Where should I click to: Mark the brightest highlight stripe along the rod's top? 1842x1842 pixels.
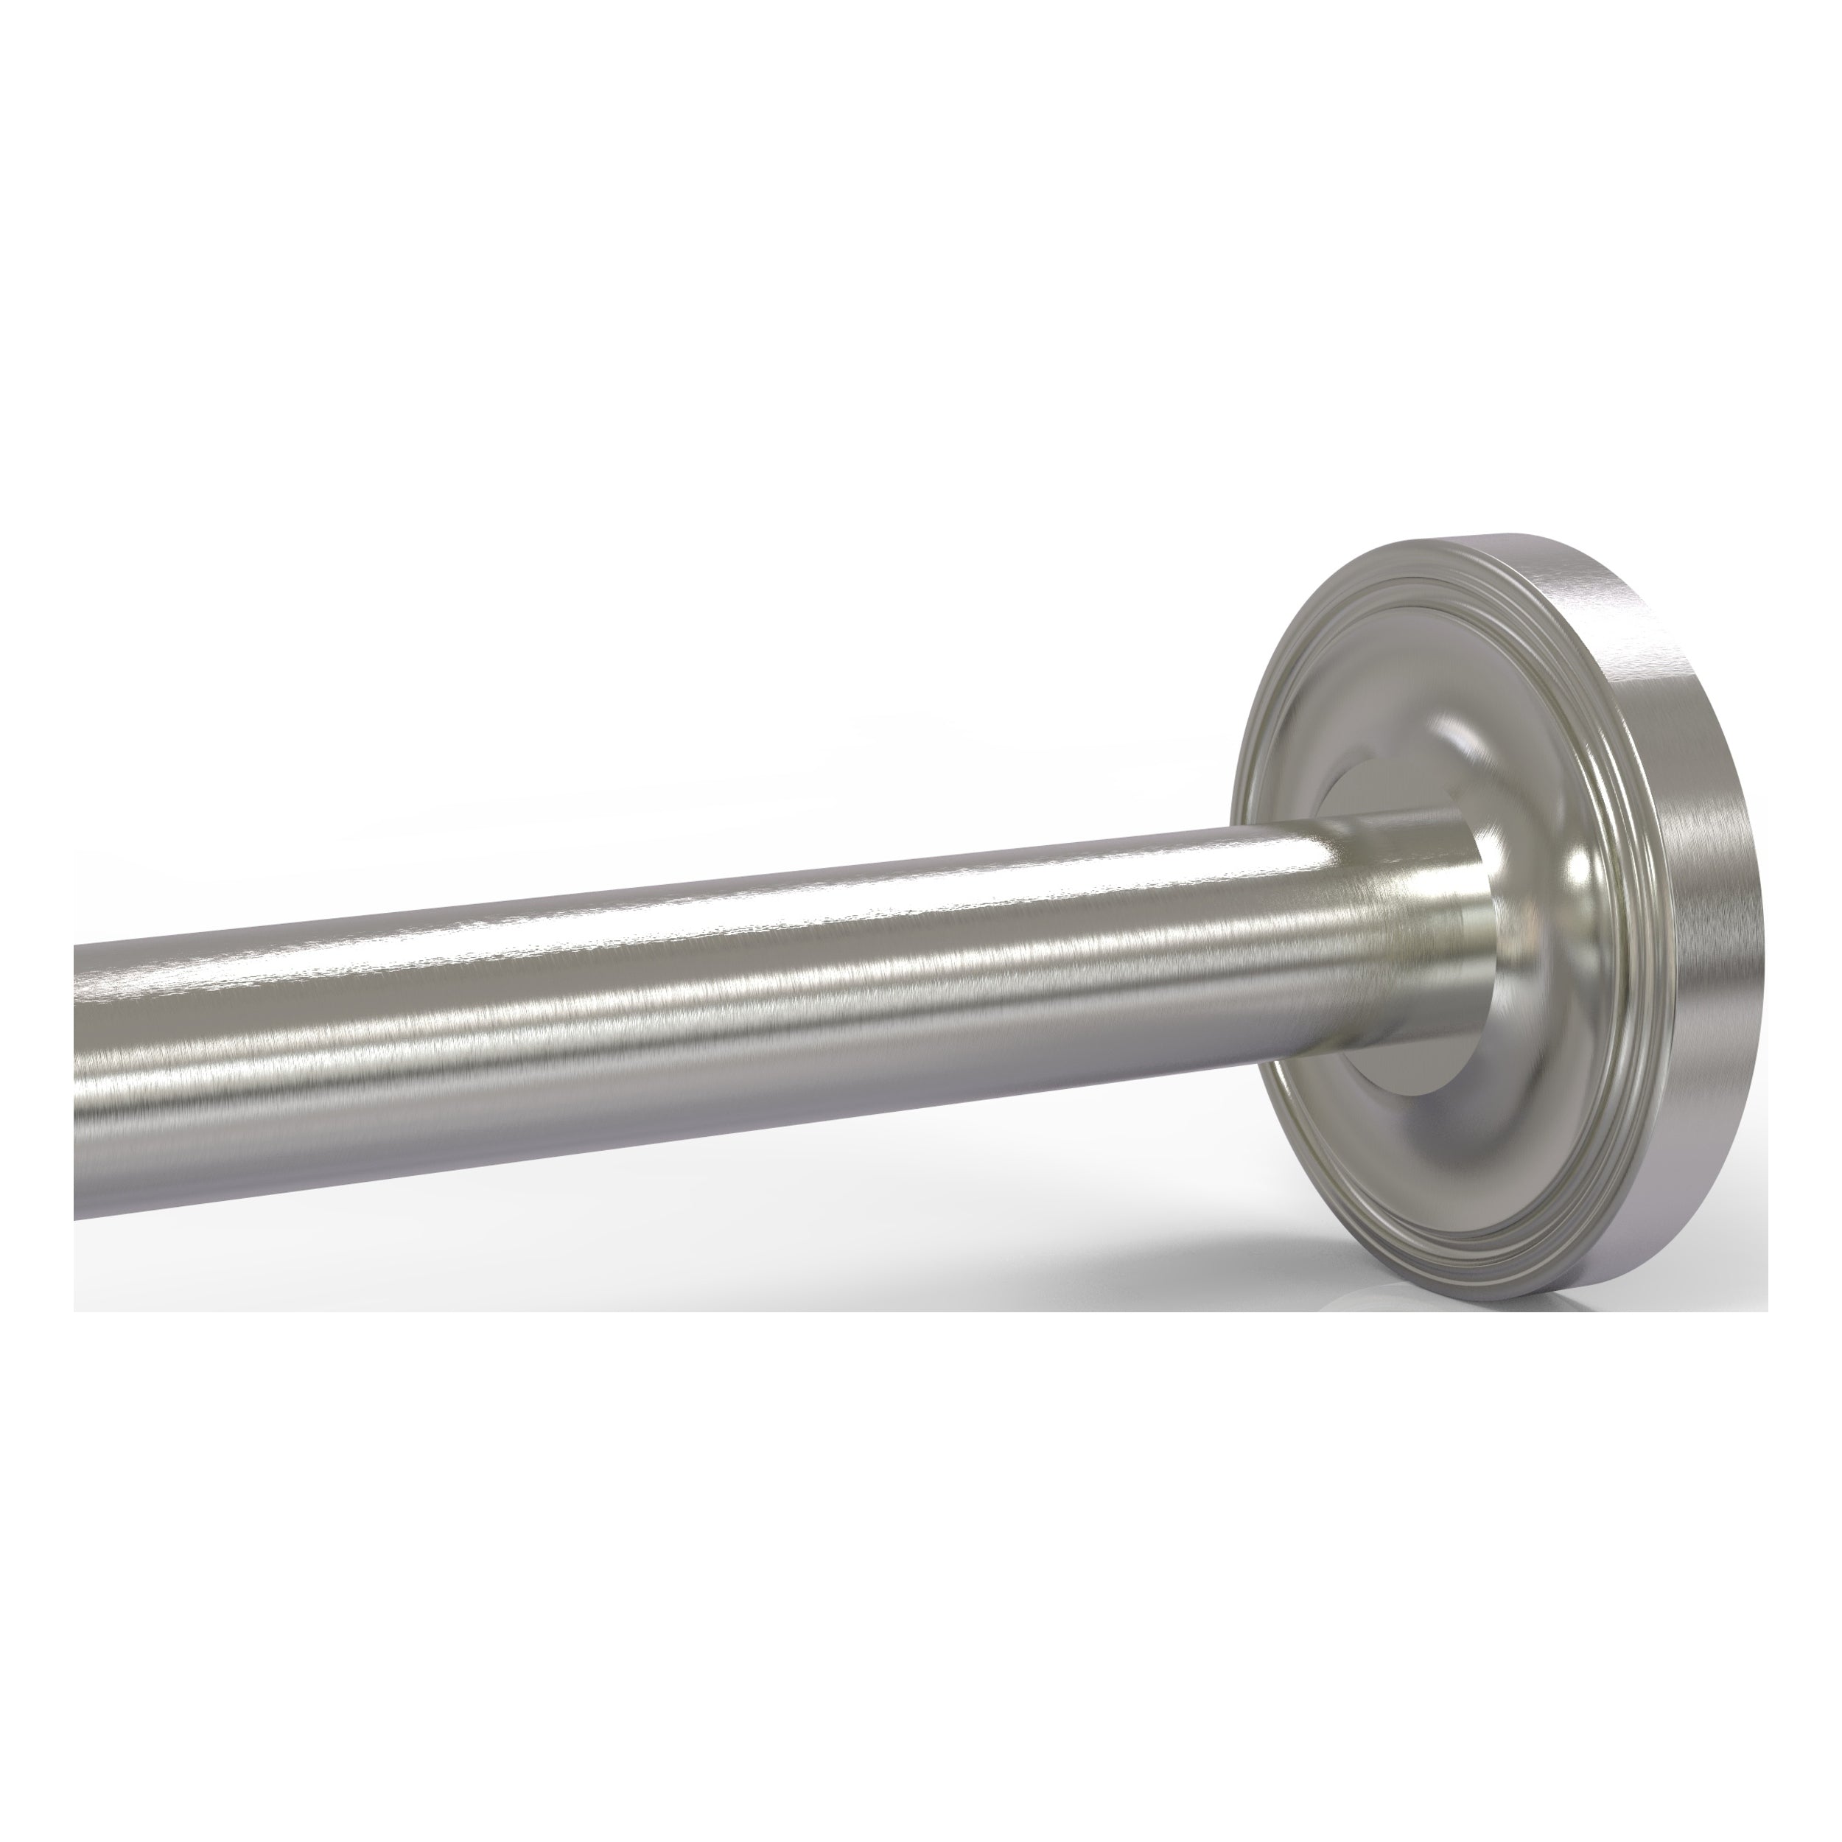668,944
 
